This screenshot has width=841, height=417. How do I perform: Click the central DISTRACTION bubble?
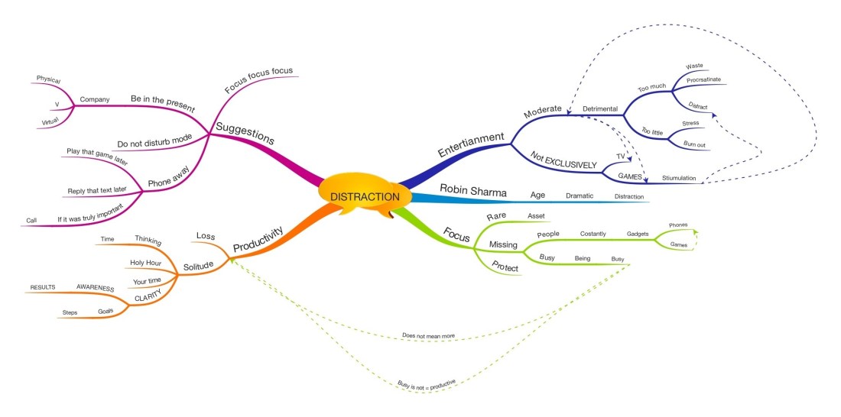click(365, 197)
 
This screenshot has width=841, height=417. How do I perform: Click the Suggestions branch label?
click(245, 134)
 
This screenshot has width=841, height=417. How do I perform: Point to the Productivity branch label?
click(258, 238)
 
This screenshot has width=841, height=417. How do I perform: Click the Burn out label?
click(695, 144)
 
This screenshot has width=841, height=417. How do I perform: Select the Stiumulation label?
click(678, 178)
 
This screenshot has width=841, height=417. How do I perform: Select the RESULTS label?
click(44, 287)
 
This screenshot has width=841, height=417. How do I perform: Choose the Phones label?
click(678, 225)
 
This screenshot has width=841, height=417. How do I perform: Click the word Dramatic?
click(579, 196)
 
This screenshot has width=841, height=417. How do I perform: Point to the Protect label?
click(504, 267)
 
